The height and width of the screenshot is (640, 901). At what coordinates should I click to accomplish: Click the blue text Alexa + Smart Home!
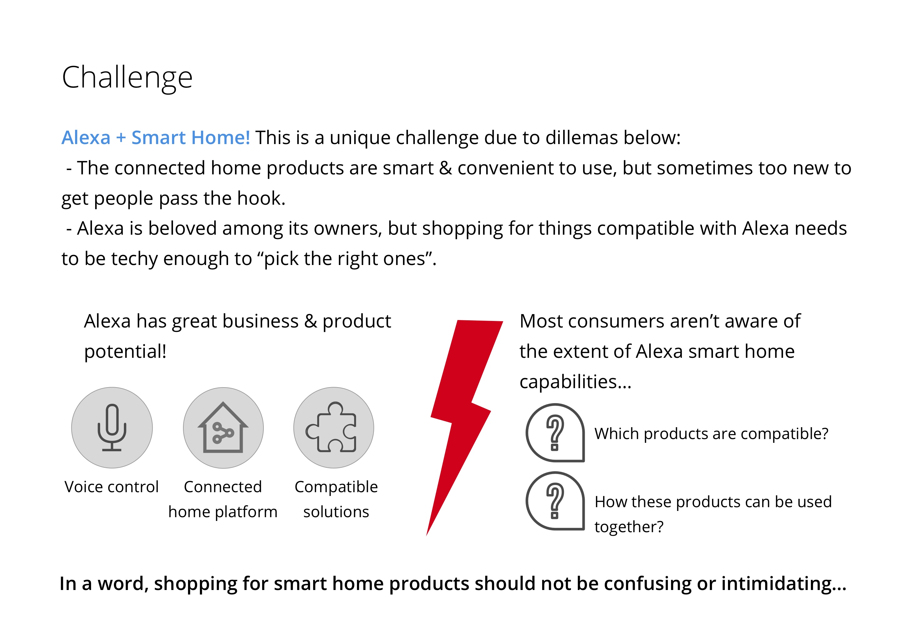coord(156,137)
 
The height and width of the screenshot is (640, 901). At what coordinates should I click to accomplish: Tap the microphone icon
coord(112,427)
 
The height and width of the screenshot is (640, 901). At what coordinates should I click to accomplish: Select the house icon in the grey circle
coord(223,427)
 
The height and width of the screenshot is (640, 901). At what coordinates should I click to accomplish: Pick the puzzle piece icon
coord(331,427)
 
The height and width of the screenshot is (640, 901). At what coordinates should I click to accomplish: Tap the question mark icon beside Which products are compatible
coord(555,432)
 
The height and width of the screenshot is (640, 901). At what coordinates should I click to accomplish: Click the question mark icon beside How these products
coord(555,501)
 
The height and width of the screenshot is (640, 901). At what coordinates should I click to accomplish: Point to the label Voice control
coord(112,487)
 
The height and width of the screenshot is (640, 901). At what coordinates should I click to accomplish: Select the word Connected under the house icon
coord(223,487)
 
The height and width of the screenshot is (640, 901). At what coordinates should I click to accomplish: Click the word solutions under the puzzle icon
coord(336,512)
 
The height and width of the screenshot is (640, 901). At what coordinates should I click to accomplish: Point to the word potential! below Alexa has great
coord(125,351)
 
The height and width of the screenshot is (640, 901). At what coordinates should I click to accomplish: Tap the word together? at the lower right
coord(629,527)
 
